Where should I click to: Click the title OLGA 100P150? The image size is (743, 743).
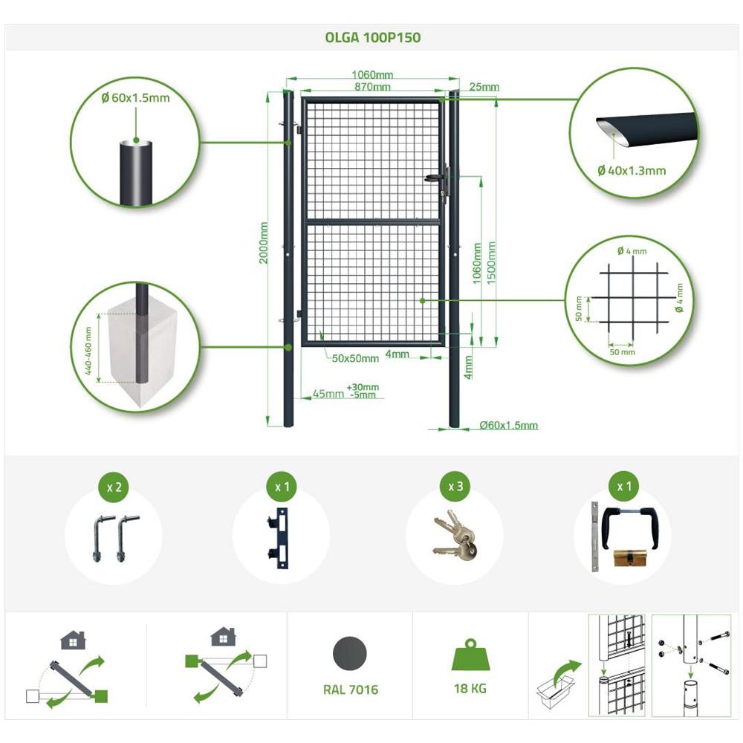(372, 37)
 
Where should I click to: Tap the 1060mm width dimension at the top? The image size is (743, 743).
(372, 75)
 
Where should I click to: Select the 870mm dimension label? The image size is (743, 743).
(372, 87)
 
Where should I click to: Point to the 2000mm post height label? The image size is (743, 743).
(264, 243)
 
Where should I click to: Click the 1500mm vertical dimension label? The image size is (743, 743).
(491, 263)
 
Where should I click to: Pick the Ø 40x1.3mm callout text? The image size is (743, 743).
(632, 171)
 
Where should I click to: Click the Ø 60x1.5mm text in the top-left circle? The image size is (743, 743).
(135, 98)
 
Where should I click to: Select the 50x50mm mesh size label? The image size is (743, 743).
(355, 359)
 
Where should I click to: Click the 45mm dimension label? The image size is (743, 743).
(328, 395)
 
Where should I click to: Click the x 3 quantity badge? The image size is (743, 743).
(455, 487)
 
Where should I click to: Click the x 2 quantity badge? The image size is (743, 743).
(114, 487)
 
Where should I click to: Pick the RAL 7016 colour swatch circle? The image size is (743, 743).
(350, 653)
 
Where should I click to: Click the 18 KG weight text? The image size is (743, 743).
(470, 689)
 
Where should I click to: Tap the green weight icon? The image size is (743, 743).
(470, 655)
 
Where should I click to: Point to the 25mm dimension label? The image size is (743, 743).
(484, 87)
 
